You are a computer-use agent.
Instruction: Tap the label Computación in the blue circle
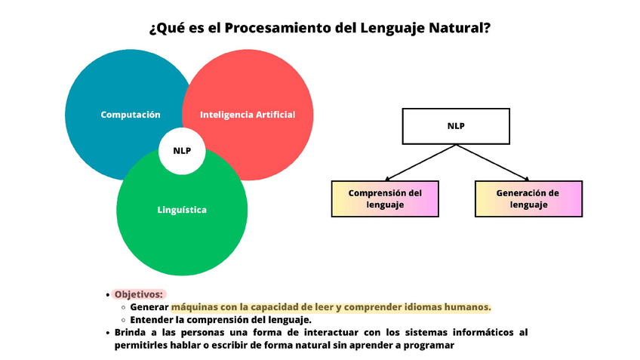[131, 115]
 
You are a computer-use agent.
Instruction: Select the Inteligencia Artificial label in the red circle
[247, 115]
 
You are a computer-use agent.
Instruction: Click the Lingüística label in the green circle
[182, 210]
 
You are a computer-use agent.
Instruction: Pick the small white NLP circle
[182, 151]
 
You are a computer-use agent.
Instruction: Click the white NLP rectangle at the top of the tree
[456, 126]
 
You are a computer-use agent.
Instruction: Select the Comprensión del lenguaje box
[385, 198]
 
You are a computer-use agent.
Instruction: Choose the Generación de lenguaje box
[528, 198]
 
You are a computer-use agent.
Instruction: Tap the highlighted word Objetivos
[139, 294]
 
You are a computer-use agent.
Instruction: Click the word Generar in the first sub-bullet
[149, 307]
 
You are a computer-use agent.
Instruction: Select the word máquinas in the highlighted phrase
[195, 307]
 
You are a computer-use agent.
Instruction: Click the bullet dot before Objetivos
[108, 295]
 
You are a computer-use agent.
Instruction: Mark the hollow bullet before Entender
[123, 320]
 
